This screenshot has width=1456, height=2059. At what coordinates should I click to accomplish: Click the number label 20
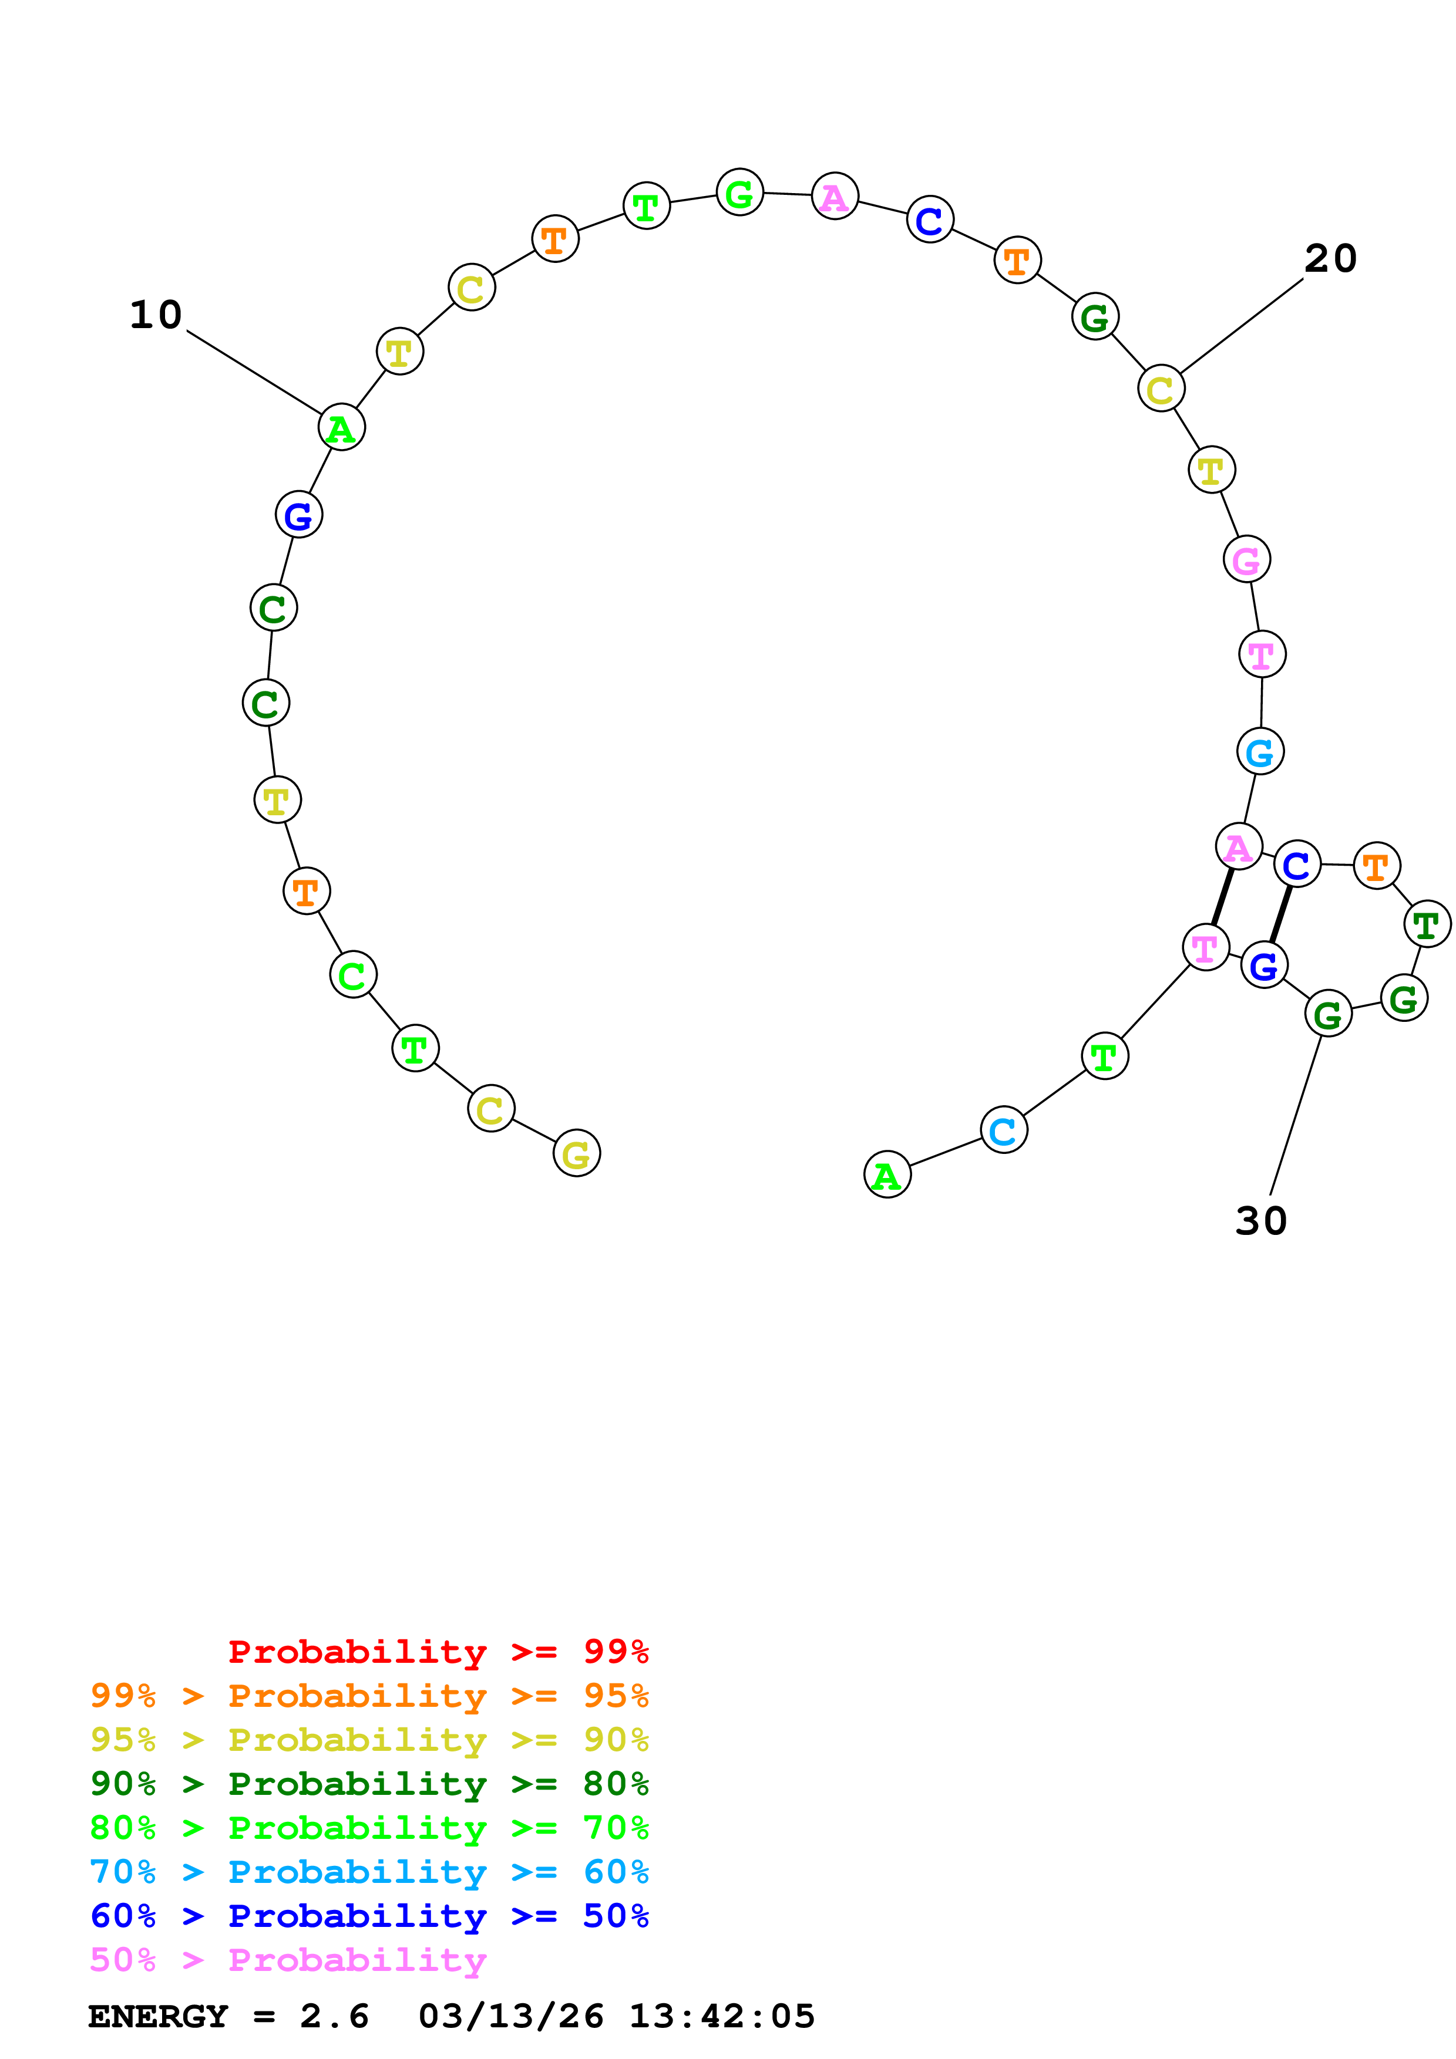click(x=1330, y=259)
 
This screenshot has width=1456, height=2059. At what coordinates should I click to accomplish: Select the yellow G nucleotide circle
click(x=577, y=1153)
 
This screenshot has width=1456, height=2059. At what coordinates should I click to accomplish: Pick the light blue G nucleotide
click(x=1259, y=751)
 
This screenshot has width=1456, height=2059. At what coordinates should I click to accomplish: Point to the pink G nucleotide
click(x=1246, y=559)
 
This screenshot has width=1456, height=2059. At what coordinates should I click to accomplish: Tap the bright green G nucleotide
click(x=739, y=192)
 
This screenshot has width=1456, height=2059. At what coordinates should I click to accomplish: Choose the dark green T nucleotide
click(x=1427, y=924)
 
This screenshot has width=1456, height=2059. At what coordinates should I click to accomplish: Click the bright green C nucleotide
click(x=352, y=975)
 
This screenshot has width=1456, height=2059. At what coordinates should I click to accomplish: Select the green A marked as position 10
click(x=342, y=428)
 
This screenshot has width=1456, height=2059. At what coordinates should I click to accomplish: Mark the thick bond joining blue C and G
click(x=1280, y=914)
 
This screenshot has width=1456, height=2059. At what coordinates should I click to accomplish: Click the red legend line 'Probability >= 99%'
click(x=438, y=1651)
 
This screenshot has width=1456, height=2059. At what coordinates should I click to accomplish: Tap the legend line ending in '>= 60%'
click(x=369, y=1872)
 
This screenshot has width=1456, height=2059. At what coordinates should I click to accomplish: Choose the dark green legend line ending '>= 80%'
click(x=369, y=1784)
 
